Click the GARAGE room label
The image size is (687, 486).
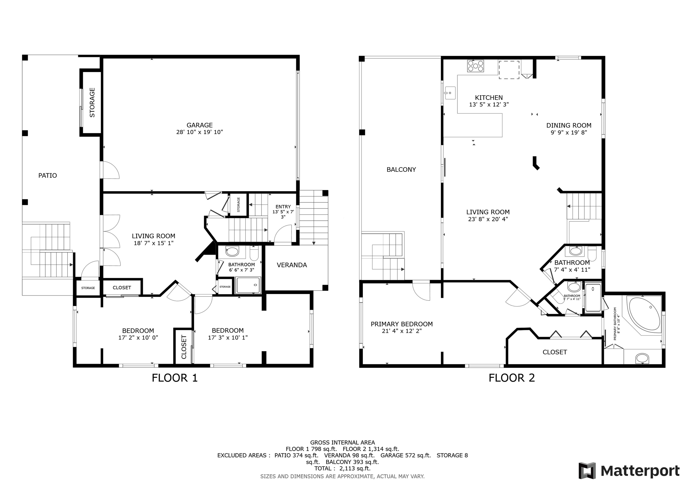[199, 125]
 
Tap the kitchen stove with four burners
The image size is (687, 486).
[475, 66]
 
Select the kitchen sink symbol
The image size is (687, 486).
[450, 93]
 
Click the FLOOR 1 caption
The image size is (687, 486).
[174, 378]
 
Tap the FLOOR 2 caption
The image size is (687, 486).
[511, 378]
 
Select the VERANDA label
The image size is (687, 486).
[292, 265]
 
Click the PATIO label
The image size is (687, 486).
[48, 175]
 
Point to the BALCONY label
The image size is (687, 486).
[401, 169]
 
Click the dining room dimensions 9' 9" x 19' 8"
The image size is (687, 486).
[568, 132]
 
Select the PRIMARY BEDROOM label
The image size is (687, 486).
[402, 324]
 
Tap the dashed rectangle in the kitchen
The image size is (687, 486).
[509, 70]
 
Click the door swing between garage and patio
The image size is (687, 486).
[111, 170]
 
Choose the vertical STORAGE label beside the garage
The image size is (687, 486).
[92, 102]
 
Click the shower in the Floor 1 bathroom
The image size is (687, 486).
[248, 285]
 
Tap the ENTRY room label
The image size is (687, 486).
[283, 207]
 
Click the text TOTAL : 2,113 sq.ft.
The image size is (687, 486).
[342, 468]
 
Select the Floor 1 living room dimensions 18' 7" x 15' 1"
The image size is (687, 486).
[153, 243]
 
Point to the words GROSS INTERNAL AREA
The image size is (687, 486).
[342, 442]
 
